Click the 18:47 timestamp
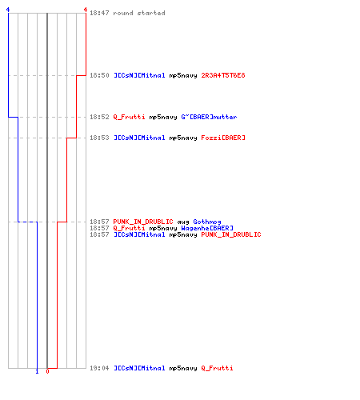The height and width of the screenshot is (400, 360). pos(99,13)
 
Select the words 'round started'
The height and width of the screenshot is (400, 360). pos(139,13)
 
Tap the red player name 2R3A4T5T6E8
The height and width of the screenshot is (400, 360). pos(223,75)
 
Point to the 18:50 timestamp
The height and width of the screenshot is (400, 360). pos(99,75)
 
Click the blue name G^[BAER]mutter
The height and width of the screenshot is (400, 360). pos(209,117)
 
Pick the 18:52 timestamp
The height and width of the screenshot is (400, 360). pos(99,117)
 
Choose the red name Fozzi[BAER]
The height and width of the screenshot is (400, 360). pos(223,138)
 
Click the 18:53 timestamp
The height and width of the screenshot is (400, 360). pos(99,138)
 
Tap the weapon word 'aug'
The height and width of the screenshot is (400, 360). pos(183,222)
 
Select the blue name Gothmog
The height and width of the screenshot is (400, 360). pos(207,222)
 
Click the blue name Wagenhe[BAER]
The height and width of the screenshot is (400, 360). pos(207,228)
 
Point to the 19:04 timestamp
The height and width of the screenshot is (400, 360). pos(99,368)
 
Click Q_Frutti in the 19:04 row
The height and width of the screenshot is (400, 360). pos(217,368)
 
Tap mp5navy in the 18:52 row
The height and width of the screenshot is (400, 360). pos(163,118)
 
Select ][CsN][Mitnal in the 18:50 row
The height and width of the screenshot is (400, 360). pos(139,75)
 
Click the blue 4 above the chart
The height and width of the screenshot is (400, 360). pos(8,10)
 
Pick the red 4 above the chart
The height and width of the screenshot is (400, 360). pos(86,10)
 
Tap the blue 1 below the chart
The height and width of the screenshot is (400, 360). pos(37,371)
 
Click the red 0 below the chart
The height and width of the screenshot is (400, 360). pos(47,371)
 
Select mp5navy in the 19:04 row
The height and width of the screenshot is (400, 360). pos(183,369)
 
